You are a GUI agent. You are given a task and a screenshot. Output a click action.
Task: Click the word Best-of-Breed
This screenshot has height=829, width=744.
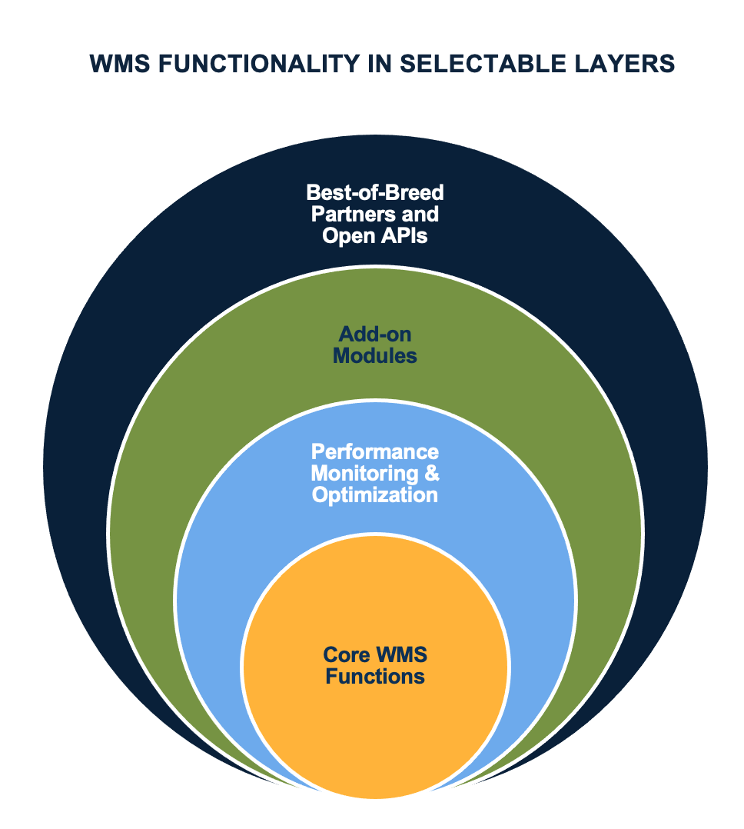(x=375, y=191)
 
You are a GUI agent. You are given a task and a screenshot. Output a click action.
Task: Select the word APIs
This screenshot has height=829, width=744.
(x=400, y=236)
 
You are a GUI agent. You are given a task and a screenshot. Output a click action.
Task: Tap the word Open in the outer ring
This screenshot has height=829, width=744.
(x=346, y=236)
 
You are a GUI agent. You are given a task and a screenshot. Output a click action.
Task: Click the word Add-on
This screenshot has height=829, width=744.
(x=374, y=335)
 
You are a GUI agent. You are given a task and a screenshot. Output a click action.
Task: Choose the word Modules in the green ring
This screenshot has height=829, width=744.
(x=375, y=356)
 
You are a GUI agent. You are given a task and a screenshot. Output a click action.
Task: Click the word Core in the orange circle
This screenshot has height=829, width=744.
(x=345, y=655)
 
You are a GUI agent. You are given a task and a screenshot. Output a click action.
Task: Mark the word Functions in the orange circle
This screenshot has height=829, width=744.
(x=375, y=677)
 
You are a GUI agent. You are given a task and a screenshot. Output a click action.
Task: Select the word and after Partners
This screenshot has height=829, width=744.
(x=422, y=214)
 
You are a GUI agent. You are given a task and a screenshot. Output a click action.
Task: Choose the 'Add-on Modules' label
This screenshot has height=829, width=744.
(x=375, y=345)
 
